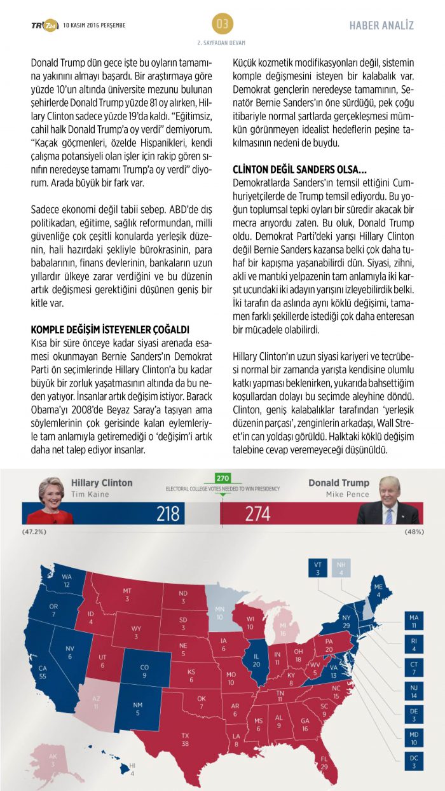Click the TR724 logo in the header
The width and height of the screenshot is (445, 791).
pyautogui.click(x=44, y=25)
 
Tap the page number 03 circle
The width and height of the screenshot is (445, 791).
pyautogui.click(x=222, y=24)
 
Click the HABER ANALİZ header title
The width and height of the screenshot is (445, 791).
pyautogui.click(x=381, y=25)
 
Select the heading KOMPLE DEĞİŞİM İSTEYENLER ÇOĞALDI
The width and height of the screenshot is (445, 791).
pyautogui.click(x=111, y=329)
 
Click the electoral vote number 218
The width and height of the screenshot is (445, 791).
pyautogui.click(x=168, y=512)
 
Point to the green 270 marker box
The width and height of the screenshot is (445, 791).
pyautogui.click(x=222, y=478)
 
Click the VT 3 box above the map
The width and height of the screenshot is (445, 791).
pyautogui.click(x=318, y=568)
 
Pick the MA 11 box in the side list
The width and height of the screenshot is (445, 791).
pyautogui.click(x=414, y=619)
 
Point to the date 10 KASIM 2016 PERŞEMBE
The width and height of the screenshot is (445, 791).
pyautogui.click(x=94, y=25)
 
